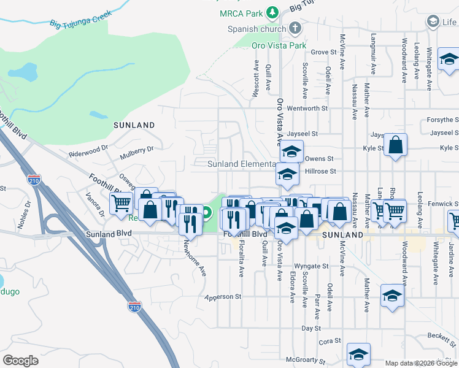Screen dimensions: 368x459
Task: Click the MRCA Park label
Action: pos(241,13)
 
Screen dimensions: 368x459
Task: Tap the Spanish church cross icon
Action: pos(295,28)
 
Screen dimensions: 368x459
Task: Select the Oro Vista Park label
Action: pos(279,45)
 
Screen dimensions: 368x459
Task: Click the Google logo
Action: pos(21,361)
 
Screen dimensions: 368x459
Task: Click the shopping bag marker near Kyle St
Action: pos(396,146)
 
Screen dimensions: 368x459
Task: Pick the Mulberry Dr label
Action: pos(136,149)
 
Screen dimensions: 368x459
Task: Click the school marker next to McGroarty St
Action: pos(358,353)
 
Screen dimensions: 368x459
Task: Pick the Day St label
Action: pos(307,329)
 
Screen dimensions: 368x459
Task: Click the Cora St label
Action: pos(330,340)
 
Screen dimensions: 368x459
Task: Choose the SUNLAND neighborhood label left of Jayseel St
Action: pos(134,125)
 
